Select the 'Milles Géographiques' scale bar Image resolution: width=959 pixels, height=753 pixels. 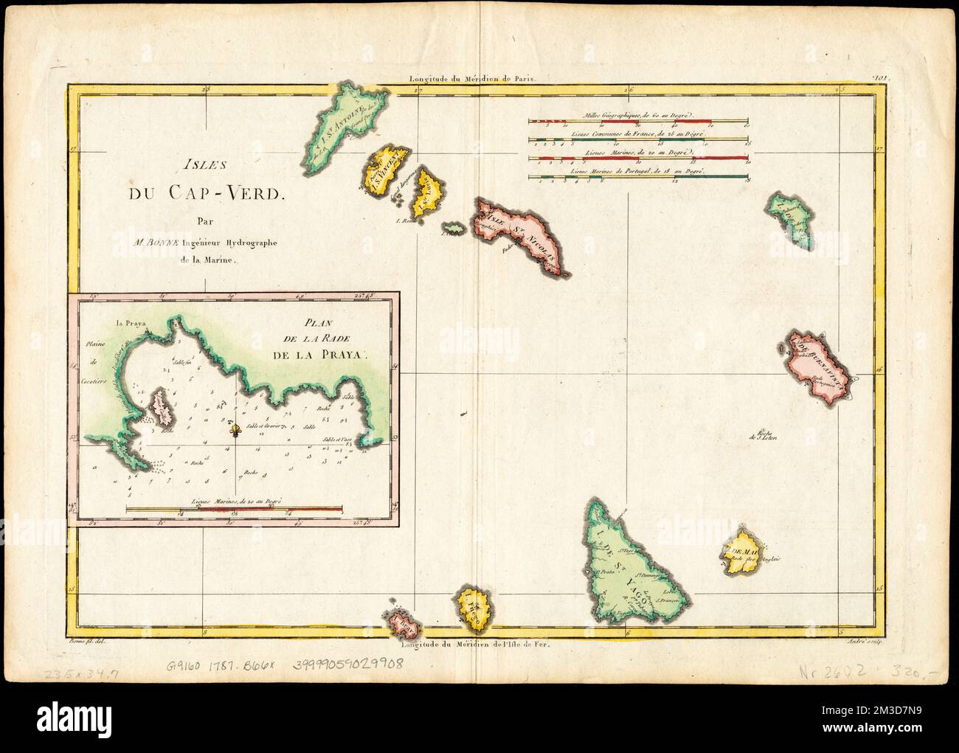(638, 120)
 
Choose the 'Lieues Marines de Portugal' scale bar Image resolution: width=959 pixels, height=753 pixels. (638, 176)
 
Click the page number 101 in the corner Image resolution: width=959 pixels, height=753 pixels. (881, 77)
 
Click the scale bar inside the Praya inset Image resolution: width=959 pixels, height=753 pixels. (234, 508)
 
